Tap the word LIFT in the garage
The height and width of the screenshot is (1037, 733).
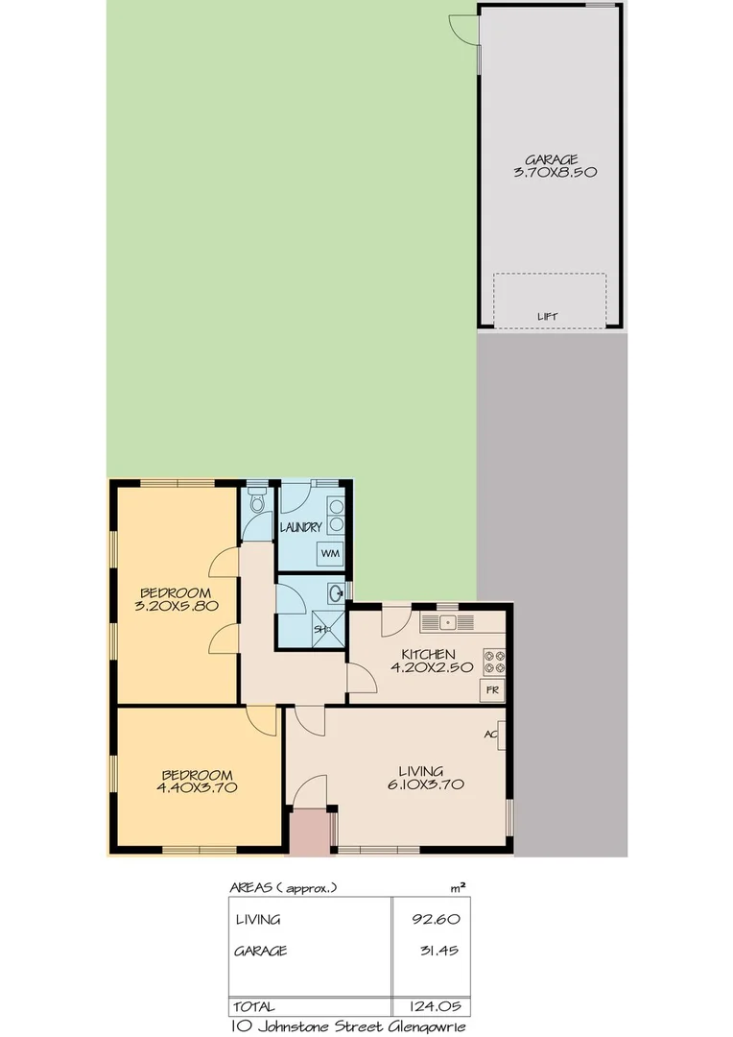click(x=548, y=317)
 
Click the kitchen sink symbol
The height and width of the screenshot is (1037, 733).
click(x=449, y=623)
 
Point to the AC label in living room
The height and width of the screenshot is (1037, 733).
click(x=492, y=734)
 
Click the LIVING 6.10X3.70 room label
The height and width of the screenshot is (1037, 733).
click(x=421, y=777)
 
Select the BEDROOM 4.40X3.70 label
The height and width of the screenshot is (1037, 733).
click(x=198, y=781)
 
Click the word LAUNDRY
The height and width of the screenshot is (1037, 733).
click(x=300, y=527)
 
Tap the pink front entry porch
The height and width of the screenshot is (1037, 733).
click(x=310, y=832)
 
